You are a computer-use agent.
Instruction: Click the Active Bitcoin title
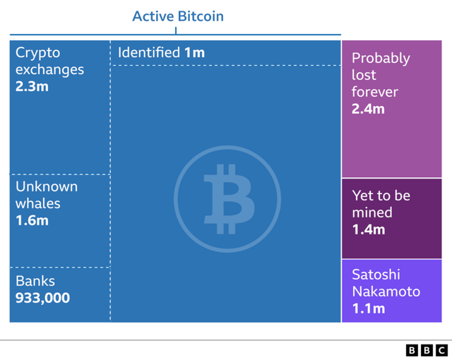[x=178, y=16]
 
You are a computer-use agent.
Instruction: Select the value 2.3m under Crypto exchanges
[x=32, y=86]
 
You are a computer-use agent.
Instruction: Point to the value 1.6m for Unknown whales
[x=32, y=221]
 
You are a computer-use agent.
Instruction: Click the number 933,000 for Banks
[x=42, y=298]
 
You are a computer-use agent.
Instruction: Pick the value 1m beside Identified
[x=194, y=53]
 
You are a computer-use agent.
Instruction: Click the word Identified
[x=149, y=52]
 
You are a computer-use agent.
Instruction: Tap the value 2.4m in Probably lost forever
[x=368, y=109]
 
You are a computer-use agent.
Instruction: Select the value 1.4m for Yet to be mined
[x=369, y=229]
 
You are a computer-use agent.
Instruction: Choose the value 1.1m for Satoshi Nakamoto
[x=369, y=308]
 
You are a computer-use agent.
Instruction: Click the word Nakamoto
[x=386, y=292]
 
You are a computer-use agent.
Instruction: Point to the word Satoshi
[x=376, y=275]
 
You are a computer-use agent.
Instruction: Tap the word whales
[x=38, y=203]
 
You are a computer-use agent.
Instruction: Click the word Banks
[x=35, y=281]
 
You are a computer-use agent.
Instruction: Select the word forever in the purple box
[x=375, y=92]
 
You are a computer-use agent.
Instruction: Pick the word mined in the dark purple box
[x=372, y=212]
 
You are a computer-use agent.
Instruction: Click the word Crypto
[x=37, y=53]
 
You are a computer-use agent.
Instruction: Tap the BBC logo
[x=427, y=351]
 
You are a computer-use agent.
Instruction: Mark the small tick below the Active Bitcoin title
[x=176, y=31]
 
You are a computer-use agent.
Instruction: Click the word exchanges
[x=50, y=70]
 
